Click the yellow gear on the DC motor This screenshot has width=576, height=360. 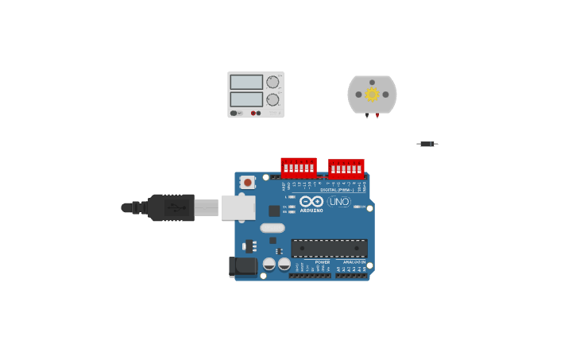372,95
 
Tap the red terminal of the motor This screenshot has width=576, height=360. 377,116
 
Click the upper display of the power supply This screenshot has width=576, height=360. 246,82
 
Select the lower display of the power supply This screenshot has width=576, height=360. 246,99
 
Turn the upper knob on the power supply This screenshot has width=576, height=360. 273,82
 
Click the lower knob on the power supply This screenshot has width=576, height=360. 273,100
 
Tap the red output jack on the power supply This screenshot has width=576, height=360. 253,113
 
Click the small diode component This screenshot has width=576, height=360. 427,144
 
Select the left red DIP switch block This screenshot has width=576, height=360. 299,168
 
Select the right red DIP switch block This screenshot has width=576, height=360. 346,168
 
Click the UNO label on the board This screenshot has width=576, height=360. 338,202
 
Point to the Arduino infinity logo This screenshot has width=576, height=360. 311,202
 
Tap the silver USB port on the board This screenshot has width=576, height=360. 238,207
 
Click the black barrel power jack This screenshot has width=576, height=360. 243,266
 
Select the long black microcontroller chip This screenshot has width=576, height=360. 329,248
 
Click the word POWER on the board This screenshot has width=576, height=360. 323,262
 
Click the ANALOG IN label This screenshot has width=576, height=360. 354,262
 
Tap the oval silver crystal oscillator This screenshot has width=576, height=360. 272,228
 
